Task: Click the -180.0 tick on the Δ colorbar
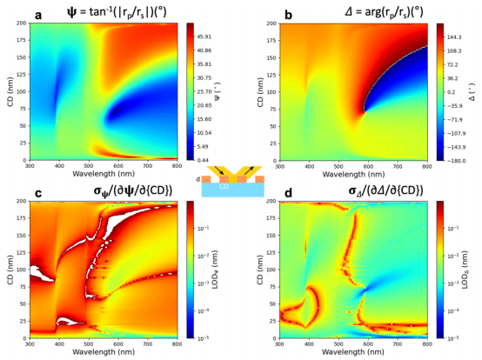click(454, 160)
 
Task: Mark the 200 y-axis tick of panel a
click(22, 23)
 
